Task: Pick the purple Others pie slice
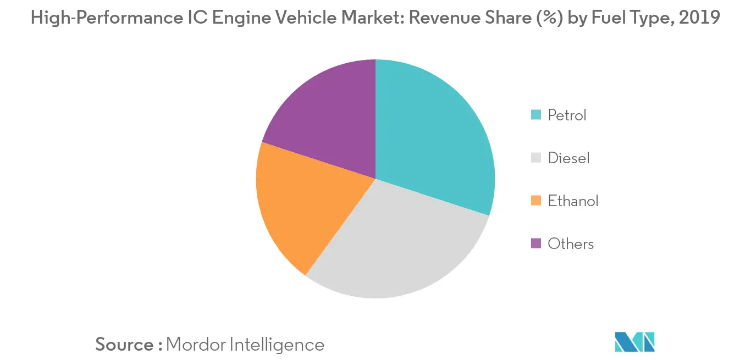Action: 324,110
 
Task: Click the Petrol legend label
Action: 567,115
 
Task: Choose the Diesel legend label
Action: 568,158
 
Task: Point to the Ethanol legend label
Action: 573,201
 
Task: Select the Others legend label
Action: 571,244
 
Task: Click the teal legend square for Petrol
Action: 535,115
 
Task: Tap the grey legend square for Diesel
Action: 535,158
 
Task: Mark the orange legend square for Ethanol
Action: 535,201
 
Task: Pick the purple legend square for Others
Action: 535,244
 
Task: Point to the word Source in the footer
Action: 124,345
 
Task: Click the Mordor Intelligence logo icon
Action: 634,342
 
